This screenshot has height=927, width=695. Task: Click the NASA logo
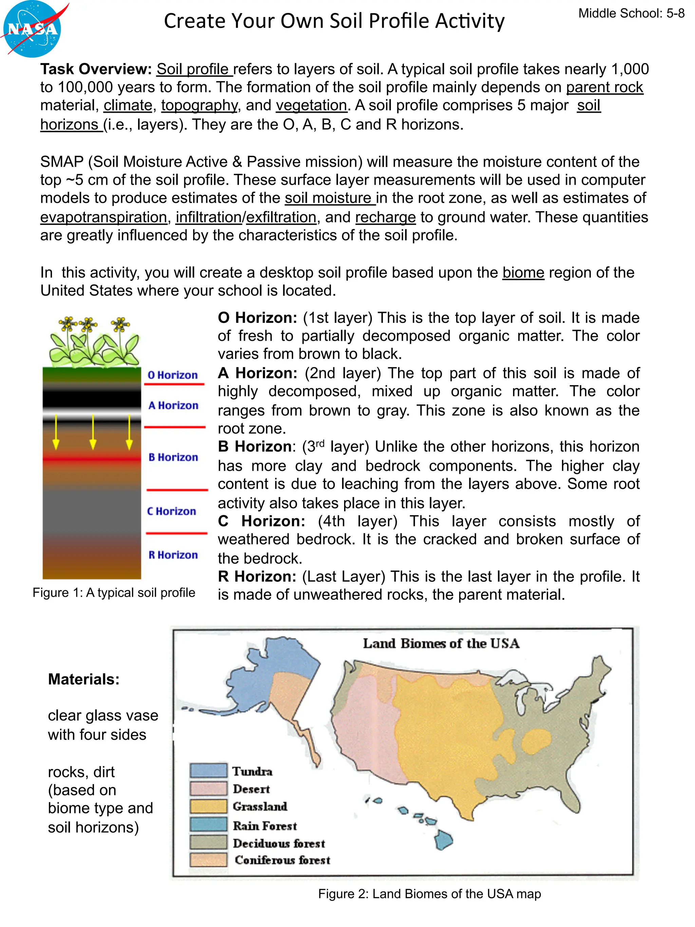coord(32,29)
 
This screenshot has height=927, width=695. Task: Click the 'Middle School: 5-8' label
coord(631,14)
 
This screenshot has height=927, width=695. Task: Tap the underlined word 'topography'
coord(200,105)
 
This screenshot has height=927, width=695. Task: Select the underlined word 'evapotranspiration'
coord(104,217)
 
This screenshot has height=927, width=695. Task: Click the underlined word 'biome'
coord(523,273)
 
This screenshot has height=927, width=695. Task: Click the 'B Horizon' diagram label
coord(173,457)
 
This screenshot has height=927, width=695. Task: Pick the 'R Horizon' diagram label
coord(173,555)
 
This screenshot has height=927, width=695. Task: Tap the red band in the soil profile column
coord(91,459)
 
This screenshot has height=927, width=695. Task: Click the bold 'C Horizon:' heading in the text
coord(261,521)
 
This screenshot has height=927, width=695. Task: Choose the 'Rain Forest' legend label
coord(265,826)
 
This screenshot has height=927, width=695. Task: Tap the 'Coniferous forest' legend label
coord(282,860)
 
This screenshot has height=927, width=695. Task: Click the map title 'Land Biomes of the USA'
coord(441,643)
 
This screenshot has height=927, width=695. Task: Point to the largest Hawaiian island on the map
coord(443,839)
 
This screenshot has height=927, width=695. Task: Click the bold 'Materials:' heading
coord(84,679)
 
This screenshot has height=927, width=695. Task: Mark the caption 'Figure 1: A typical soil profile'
coord(114,593)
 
